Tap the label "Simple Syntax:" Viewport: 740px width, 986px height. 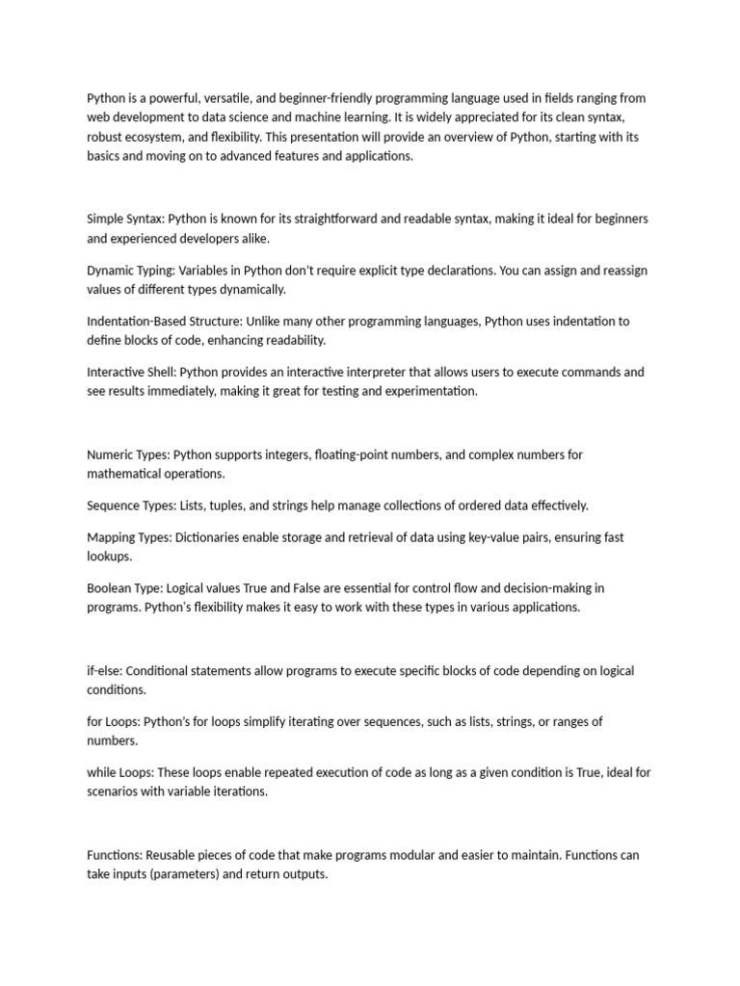click(125, 220)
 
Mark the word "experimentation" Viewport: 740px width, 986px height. click(429, 392)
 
